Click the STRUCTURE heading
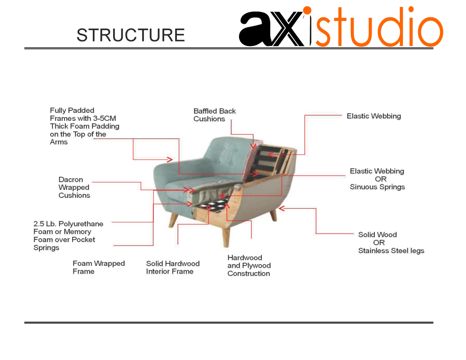[130, 35]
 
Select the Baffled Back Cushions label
[214, 115]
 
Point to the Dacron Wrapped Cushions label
[74, 187]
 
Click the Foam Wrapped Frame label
[99, 267]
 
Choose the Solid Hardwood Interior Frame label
[173, 267]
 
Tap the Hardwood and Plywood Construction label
[249, 266]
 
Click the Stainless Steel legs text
[391, 251]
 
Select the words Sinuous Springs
[377, 187]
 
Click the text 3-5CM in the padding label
[105, 118]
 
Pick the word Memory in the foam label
[77, 232]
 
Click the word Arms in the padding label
[59, 142]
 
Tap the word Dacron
[71, 180]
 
